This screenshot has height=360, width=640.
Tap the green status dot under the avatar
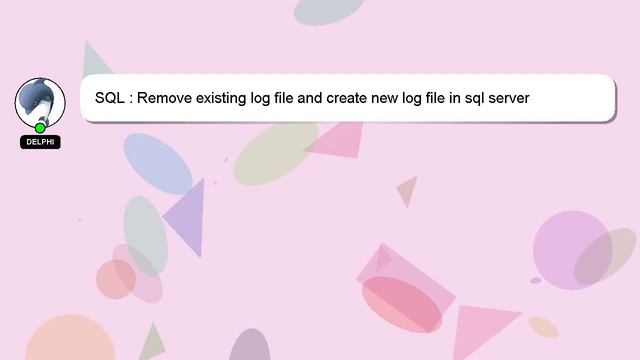click(x=40, y=128)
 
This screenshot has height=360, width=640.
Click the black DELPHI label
click(x=40, y=142)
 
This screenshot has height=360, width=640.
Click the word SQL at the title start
click(x=110, y=99)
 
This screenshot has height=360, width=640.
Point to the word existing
click(x=227, y=99)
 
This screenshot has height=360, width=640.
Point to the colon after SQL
click(x=131, y=99)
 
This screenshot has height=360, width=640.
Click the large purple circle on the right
click(x=570, y=250)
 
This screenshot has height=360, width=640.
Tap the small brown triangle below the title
click(x=407, y=189)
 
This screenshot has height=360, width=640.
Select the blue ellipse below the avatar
click(x=158, y=163)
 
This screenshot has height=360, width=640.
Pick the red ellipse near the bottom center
click(x=401, y=303)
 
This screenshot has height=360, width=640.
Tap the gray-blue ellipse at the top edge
click(x=329, y=9)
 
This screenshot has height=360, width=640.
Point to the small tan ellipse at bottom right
click(x=543, y=326)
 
